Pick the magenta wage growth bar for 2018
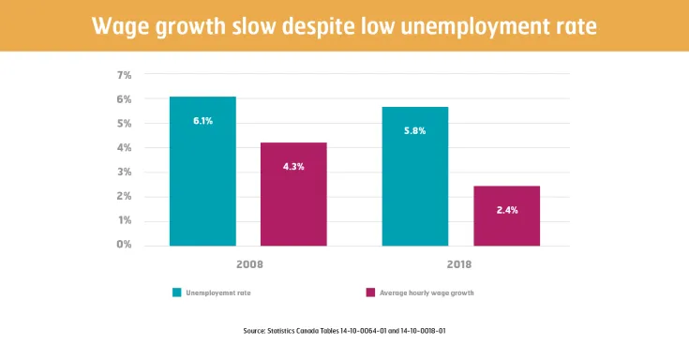506,216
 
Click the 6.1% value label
202,121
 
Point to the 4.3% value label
293,166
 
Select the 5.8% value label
414,130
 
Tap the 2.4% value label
506,211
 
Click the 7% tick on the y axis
124,74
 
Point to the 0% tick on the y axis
124,245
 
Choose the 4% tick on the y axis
124,147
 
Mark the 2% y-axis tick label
124,196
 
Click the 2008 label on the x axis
247,265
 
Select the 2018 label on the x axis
460,265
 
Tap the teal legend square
175,292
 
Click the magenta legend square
369,292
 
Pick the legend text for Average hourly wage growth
427,292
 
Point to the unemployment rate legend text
217,292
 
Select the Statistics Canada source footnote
344,331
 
